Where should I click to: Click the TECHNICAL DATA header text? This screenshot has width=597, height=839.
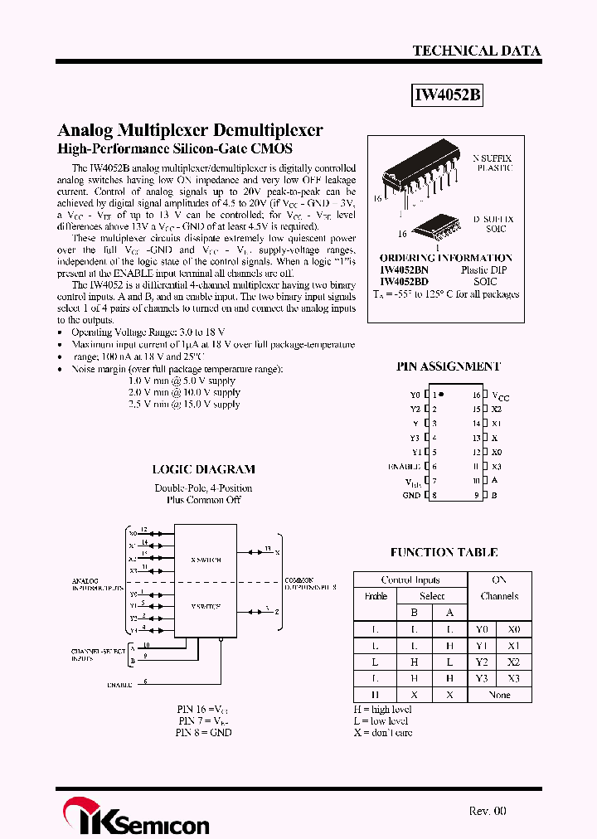(476, 51)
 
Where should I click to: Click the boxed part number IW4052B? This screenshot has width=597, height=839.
(448, 96)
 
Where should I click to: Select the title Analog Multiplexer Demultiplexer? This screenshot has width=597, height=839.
(190, 130)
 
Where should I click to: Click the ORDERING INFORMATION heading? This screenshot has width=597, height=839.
(445, 258)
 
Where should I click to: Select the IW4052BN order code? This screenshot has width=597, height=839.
(404, 270)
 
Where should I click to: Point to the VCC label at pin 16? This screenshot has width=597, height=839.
(501, 396)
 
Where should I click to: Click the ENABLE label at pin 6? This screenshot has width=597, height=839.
(405, 467)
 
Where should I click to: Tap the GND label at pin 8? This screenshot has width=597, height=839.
(411, 495)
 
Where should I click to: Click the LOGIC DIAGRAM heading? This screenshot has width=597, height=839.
(203, 469)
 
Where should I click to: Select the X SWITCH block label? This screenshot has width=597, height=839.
(206, 560)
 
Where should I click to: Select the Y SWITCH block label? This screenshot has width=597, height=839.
(206, 607)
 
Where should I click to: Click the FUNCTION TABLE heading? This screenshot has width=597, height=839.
(444, 552)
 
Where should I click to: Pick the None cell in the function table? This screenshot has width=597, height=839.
(499, 695)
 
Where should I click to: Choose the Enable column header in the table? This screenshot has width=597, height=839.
(376, 596)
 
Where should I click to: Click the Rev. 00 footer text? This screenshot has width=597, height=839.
(487, 812)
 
